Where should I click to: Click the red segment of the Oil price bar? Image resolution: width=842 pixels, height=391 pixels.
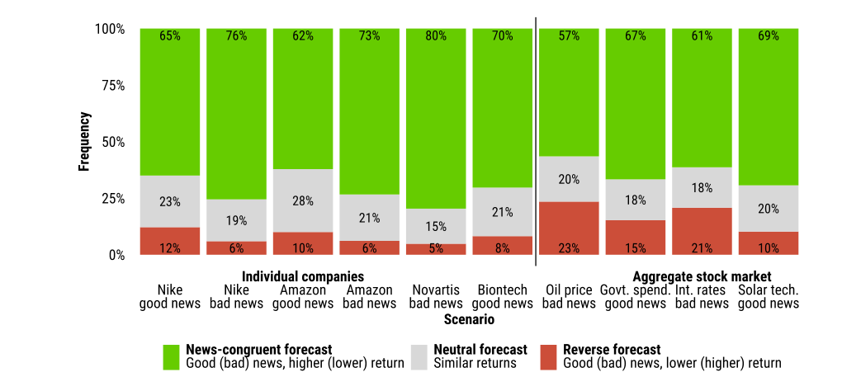[569, 228]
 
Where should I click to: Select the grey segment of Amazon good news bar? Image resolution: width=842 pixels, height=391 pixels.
[303, 201]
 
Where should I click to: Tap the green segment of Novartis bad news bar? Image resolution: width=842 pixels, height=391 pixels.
[436, 119]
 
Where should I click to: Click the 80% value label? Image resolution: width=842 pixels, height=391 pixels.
[436, 36]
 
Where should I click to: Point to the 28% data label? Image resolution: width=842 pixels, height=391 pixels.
[303, 201]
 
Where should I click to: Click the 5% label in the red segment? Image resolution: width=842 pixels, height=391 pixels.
[436, 248]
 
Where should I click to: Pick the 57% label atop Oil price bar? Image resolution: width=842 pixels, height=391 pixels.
[569, 36]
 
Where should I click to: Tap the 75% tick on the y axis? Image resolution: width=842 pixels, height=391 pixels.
[113, 86]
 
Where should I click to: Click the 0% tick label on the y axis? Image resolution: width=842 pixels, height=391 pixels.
[116, 255]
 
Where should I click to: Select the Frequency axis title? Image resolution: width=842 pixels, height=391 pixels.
[84, 142]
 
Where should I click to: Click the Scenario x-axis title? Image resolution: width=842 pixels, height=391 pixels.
[470, 320]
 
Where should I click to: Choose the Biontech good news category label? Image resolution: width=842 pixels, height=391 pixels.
[502, 297]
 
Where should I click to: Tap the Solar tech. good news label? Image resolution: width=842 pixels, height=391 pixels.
[769, 297]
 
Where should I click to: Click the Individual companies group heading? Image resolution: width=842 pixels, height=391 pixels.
[303, 277]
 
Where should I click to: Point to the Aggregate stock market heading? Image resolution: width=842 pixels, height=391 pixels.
[702, 277]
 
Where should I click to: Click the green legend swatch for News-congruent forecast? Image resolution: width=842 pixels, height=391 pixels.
[172, 357]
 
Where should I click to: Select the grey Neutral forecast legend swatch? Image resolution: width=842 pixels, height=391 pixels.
[419, 357]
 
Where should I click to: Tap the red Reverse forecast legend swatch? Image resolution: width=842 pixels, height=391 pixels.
[549, 357]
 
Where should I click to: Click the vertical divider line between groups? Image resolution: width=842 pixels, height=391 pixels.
[536, 142]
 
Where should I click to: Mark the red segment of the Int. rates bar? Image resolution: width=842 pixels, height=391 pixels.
[702, 231]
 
